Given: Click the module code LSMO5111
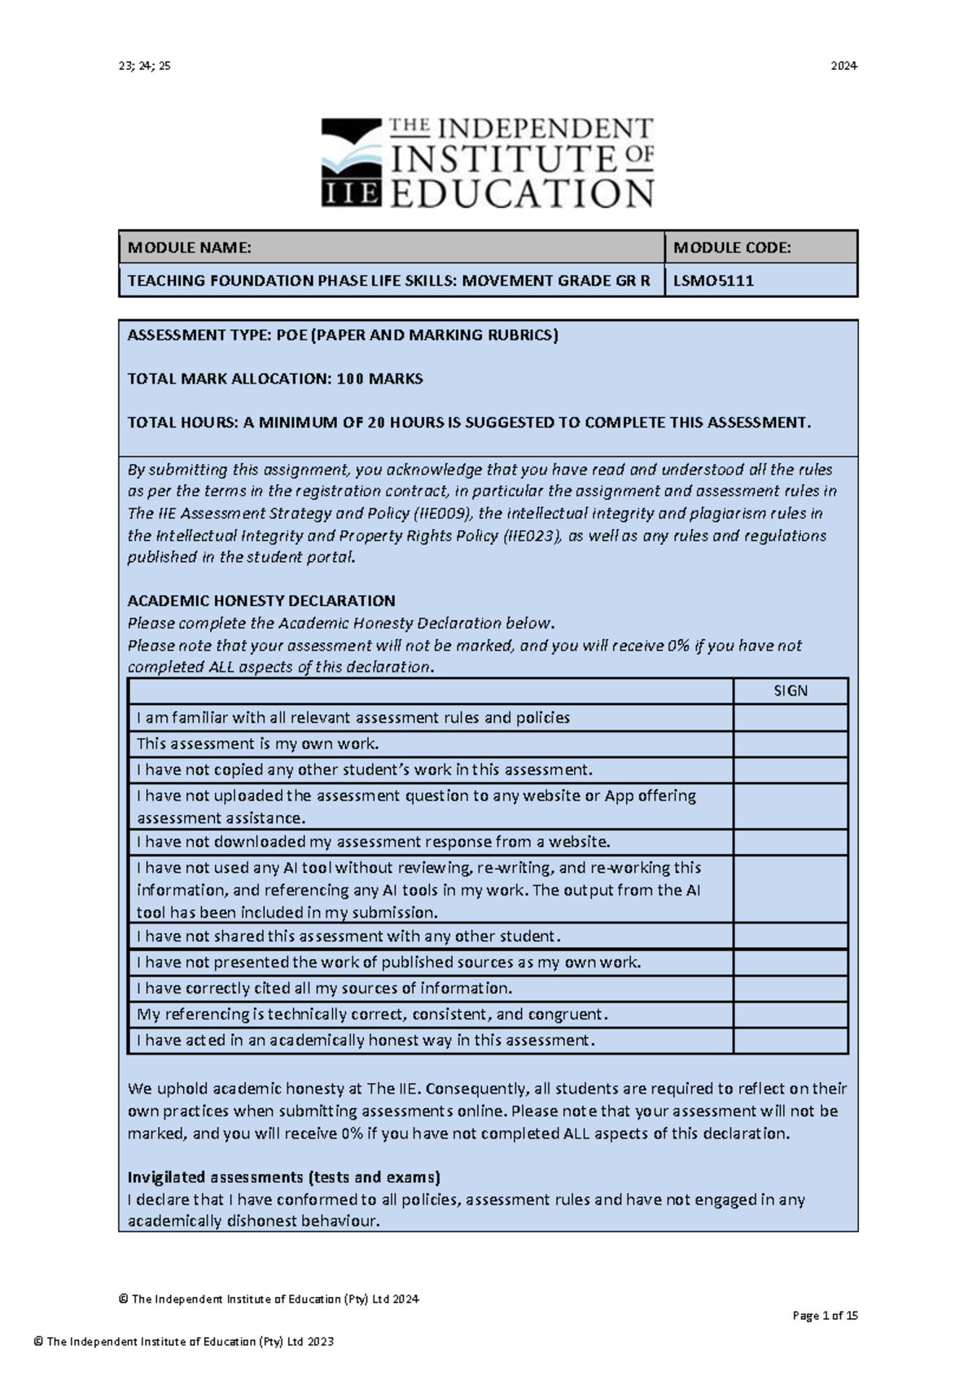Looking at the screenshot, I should coord(713,281).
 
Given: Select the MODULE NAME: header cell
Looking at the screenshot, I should coord(391,248).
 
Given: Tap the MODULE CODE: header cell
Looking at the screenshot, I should coord(760,248).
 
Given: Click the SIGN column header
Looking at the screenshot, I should coord(791,691).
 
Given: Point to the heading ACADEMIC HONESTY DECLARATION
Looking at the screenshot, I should coord(261,601).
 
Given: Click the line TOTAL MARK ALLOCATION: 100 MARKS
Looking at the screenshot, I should coord(275,379).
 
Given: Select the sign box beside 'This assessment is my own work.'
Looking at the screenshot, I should coord(791,744).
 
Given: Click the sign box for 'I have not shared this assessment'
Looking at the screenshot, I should coord(791,936).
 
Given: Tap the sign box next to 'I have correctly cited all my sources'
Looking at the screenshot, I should coord(791,989).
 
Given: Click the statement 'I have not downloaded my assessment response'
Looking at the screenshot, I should coord(373,842).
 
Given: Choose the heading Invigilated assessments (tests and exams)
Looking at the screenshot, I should coord(284,1177).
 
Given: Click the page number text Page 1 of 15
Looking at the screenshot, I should coord(825,1316).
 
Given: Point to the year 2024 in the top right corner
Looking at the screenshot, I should coord(843,66).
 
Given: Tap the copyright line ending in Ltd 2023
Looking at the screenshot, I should coord(184,1342).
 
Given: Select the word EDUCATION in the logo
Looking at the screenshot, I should coord(522,195).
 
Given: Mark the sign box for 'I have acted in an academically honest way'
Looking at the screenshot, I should coord(791,1041).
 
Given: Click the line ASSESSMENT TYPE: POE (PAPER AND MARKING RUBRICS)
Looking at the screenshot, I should coord(343,335).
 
